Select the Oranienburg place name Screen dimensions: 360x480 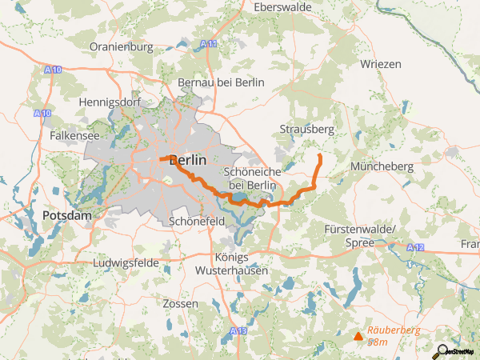121,47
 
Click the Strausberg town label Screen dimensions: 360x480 306,128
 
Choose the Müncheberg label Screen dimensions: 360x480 382,166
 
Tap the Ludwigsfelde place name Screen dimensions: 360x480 126,262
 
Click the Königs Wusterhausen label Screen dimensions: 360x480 232,264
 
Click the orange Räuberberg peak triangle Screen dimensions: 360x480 358,336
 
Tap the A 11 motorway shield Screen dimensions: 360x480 210,44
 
